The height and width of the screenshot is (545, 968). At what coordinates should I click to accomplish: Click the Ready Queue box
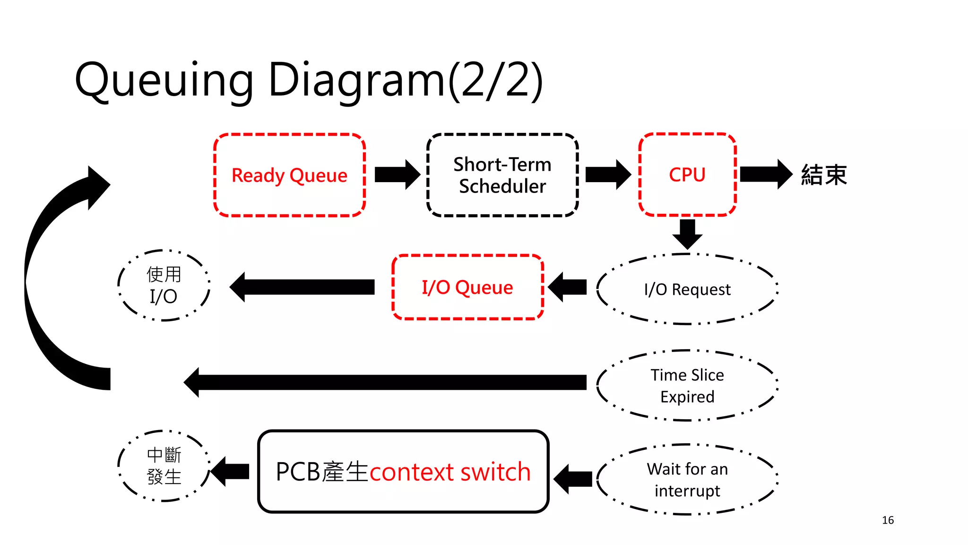[x=289, y=176]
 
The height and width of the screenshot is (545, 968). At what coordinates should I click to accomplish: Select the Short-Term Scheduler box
[x=502, y=176]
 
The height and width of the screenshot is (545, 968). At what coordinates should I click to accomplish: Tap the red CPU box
[x=687, y=175]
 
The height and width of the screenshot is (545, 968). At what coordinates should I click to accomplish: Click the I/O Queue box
[x=467, y=287]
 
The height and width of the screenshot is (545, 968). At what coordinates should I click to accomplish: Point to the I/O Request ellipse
[x=687, y=289]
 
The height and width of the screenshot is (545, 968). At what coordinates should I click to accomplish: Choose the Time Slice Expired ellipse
[x=687, y=386]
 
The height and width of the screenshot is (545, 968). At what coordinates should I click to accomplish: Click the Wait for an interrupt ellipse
[x=687, y=479]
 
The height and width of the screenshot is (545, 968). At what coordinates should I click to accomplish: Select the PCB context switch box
[x=403, y=472]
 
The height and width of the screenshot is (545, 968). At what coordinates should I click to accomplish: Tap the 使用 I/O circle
[x=164, y=285]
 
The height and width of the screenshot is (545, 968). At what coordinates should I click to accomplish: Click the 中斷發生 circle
[x=164, y=466]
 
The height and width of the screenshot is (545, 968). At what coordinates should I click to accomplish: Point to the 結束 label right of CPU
[x=824, y=175]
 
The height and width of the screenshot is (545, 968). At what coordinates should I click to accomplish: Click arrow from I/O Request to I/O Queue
[x=568, y=287]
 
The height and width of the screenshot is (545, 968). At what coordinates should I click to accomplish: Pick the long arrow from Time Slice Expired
[x=385, y=382]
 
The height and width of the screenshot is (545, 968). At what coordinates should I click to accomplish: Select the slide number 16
[x=888, y=520]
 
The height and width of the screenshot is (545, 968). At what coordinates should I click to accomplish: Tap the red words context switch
[x=449, y=472]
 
